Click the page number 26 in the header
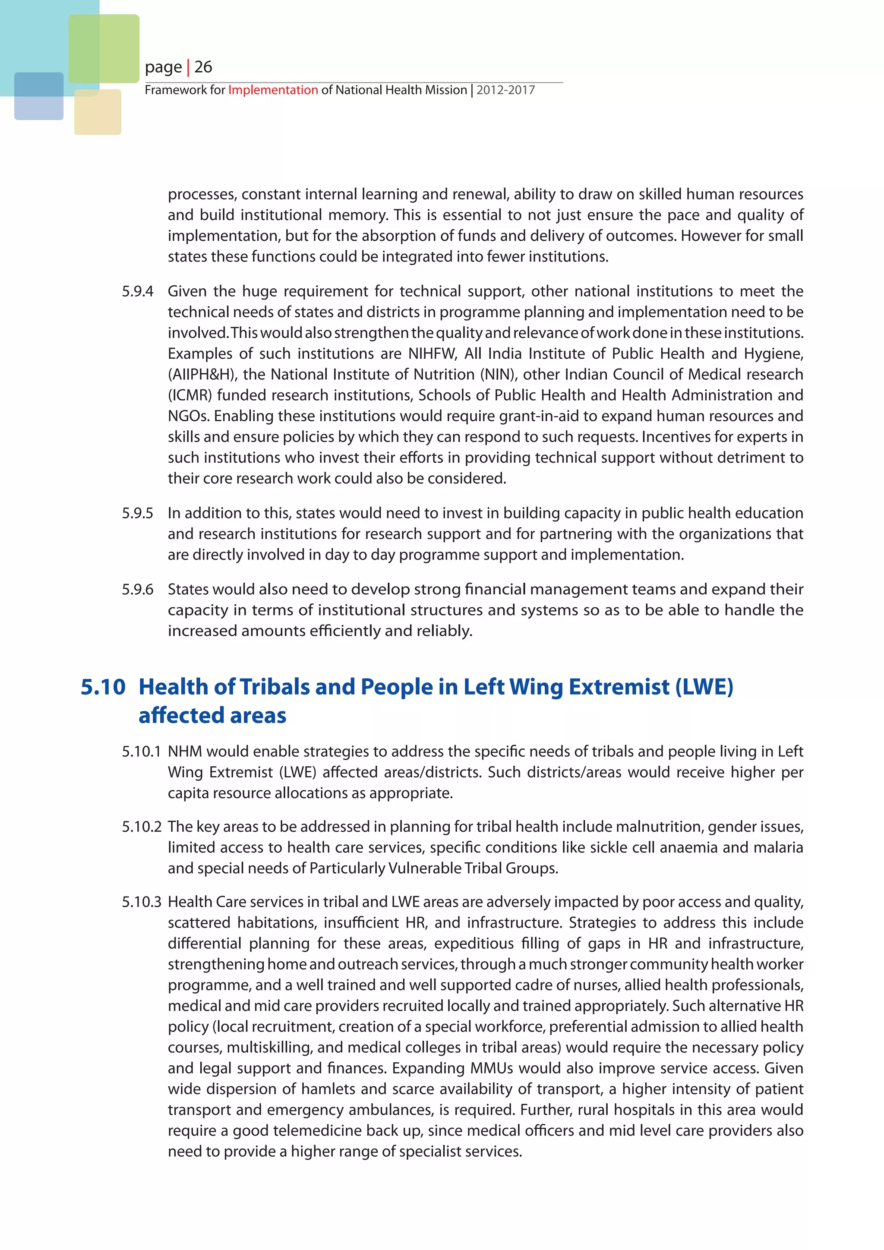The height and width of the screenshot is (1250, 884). click(x=203, y=67)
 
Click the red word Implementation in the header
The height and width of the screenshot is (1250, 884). click(x=273, y=90)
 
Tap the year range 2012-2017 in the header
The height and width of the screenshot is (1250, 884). click(x=506, y=90)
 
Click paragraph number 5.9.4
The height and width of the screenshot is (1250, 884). click(x=137, y=291)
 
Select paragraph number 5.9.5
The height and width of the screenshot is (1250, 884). click(x=137, y=513)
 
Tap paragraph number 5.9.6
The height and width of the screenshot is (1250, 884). click(x=137, y=589)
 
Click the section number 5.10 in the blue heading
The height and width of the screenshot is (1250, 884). click(x=103, y=687)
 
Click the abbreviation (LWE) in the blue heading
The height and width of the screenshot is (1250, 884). click(x=704, y=687)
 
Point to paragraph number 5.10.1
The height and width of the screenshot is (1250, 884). click(x=141, y=751)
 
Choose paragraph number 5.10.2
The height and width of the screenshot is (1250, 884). click(x=141, y=827)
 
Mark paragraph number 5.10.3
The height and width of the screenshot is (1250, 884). click(x=141, y=902)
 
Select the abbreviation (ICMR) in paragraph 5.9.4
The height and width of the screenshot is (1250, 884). click(x=189, y=395)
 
